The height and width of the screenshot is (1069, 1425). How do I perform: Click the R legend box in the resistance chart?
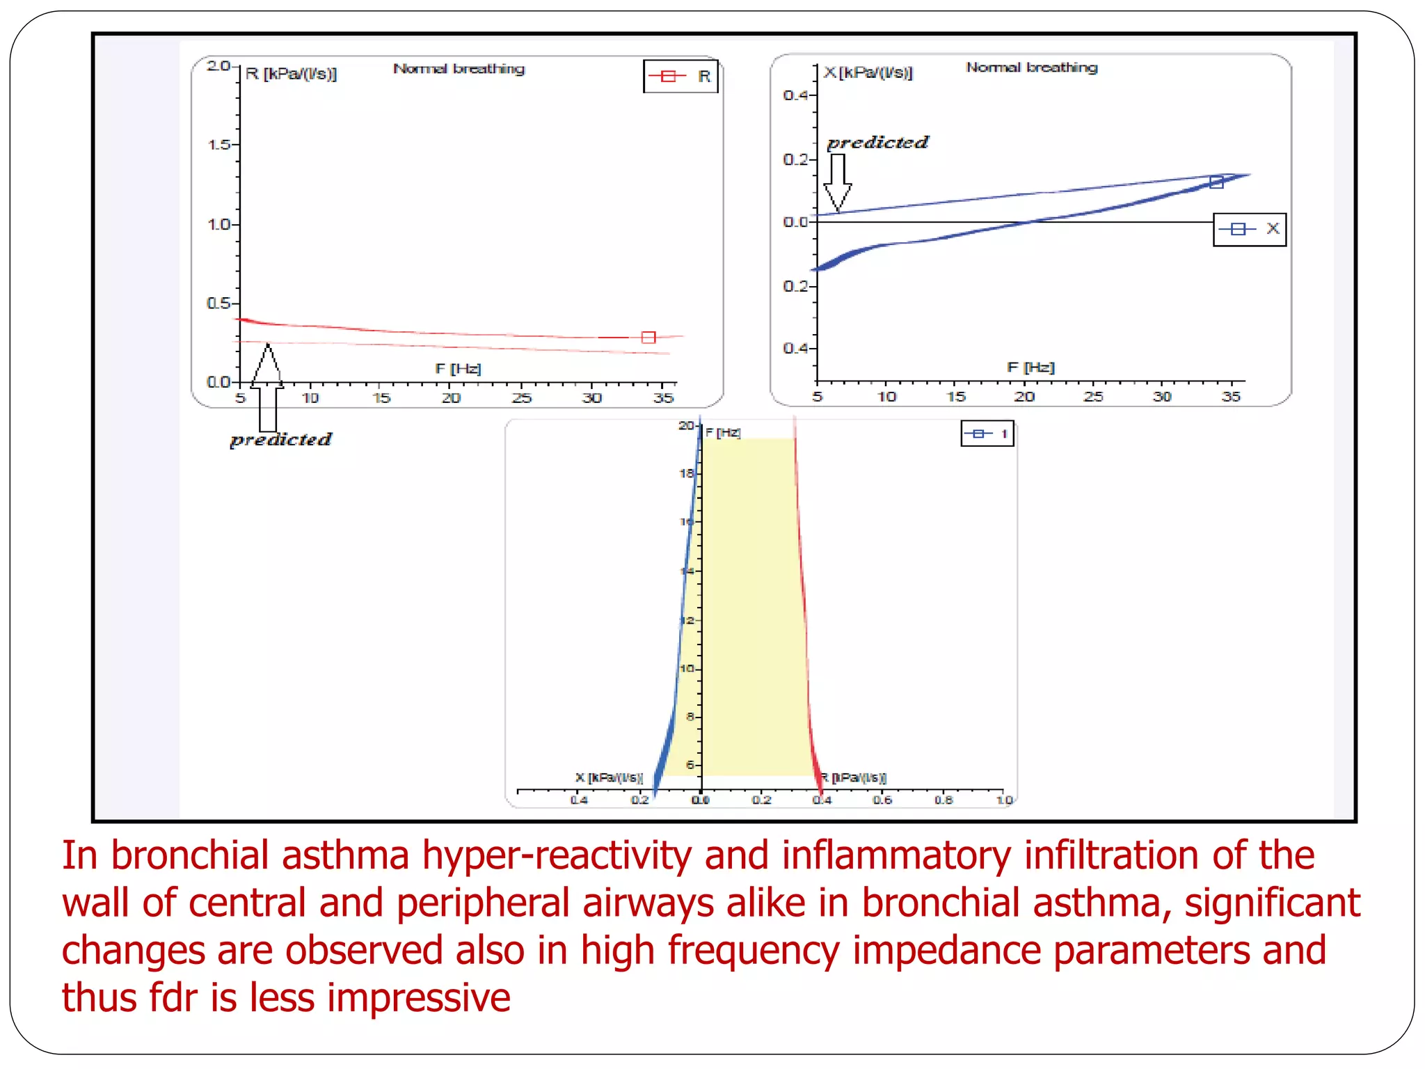coord(680,77)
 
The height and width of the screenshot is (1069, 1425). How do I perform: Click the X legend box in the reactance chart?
coord(1249,229)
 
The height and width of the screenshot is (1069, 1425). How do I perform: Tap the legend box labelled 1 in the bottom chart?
coord(987,434)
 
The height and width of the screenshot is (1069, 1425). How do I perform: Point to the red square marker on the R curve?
coord(648,338)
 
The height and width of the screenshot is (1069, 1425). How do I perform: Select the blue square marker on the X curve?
coord(1216,182)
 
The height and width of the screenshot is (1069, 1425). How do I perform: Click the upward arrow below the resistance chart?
coord(268,387)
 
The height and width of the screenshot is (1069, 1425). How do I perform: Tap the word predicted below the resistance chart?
coord(281,440)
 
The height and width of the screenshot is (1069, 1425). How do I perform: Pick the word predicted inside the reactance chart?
coord(877,143)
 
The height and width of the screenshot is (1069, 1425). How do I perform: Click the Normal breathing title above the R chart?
coord(459,69)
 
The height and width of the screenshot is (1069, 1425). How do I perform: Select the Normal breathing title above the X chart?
coord(1031,68)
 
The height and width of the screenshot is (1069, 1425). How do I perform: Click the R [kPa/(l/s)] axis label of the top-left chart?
coord(291,74)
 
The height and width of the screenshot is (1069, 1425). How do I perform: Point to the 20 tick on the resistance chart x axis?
coord(451,398)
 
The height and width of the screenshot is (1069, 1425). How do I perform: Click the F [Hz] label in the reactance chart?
coord(1030,367)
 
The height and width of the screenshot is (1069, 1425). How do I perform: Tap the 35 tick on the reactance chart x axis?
coord(1231,397)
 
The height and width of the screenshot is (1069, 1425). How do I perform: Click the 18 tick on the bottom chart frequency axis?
coord(687,473)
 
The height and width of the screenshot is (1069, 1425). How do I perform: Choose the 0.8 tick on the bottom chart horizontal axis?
coord(944,800)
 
